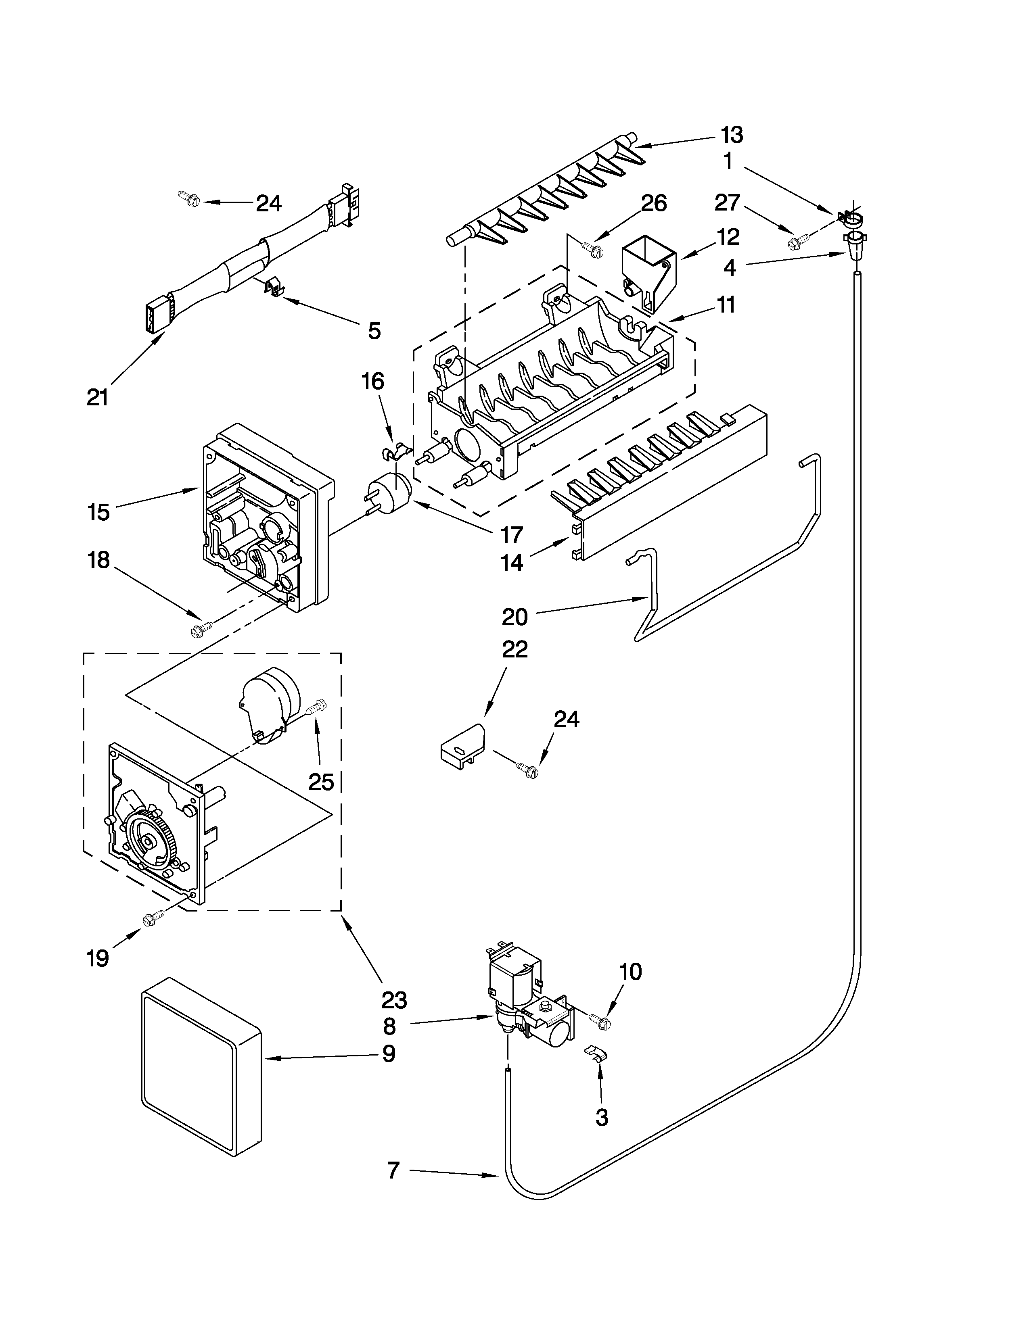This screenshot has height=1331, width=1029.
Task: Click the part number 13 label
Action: [732, 135]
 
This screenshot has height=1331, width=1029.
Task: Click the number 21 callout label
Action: [98, 397]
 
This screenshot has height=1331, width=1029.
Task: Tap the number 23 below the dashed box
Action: [394, 1000]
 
